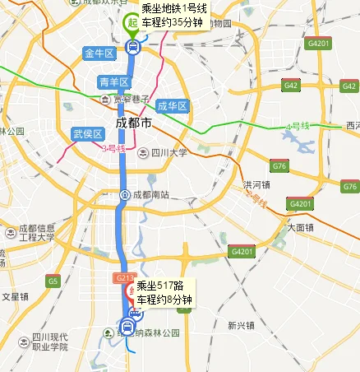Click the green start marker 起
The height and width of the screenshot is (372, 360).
click(x=131, y=24)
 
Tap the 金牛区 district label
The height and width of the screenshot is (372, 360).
click(x=99, y=53)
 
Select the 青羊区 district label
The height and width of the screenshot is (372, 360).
click(x=113, y=81)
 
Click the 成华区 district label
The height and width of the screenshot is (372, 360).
click(x=173, y=106)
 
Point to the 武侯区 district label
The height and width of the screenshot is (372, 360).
click(x=86, y=133)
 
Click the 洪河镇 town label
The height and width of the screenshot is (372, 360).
click(x=256, y=184)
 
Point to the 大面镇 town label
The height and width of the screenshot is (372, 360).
click(x=300, y=226)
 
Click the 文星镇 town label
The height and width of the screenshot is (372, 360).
click(x=16, y=295)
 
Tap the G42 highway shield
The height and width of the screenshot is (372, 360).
click(x=290, y=85)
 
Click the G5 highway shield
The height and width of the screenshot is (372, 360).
click(x=54, y=281)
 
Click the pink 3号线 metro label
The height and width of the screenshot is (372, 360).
click(x=113, y=149)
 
